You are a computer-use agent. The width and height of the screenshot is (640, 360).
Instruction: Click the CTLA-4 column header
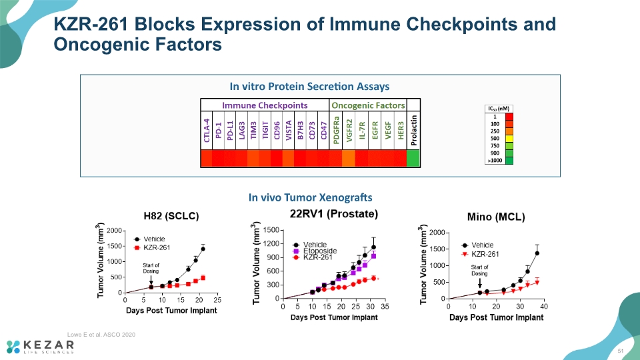(207, 130)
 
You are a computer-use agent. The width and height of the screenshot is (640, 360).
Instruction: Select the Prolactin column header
(414, 130)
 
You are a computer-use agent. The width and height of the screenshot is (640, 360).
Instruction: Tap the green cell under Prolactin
(413, 158)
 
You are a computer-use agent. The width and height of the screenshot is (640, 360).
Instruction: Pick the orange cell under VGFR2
(348, 158)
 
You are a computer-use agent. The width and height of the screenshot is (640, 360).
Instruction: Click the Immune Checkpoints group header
(265, 105)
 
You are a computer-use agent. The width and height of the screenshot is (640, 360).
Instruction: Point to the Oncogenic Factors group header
(368, 105)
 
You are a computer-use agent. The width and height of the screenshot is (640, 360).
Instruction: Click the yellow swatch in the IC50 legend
(509, 139)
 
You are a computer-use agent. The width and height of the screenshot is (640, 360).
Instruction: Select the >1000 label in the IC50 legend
(495, 161)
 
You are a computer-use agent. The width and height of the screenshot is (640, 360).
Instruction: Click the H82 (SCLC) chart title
(171, 216)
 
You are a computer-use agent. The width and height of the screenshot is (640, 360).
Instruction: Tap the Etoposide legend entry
(315, 251)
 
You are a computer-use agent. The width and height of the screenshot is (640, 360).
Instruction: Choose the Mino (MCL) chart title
(496, 217)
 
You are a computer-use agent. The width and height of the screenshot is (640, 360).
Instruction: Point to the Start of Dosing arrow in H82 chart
(151, 280)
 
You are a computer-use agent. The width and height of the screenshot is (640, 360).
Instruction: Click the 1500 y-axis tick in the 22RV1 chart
(271, 230)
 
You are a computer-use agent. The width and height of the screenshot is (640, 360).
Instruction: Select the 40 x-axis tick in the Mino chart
(544, 306)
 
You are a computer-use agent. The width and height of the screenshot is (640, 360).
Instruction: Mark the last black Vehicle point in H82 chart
(203, 249)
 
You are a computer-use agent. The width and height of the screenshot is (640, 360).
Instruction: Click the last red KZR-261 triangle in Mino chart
(537, 283)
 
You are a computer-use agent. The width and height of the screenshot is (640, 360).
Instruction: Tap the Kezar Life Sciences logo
(40, 347)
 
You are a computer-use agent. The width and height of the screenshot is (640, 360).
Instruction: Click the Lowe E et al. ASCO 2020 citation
(101, 334)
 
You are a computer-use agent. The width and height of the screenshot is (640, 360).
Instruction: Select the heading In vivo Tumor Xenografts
(310, 197)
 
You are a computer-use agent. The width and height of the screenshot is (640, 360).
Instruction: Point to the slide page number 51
(621, 351)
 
